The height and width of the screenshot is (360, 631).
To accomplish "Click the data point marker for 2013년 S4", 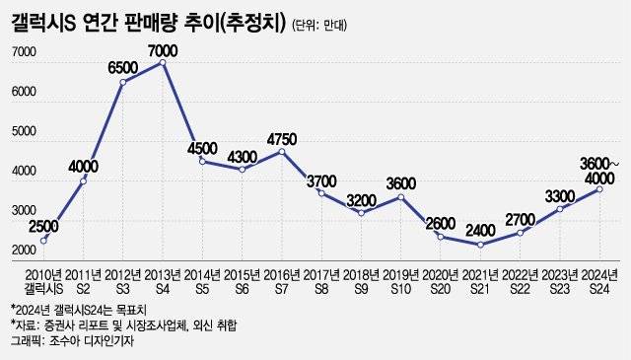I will point(163,63).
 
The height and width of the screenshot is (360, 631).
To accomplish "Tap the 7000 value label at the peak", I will point(163,49).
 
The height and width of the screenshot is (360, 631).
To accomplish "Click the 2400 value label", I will point(481,231).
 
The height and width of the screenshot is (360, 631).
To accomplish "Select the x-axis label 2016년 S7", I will point(282,279).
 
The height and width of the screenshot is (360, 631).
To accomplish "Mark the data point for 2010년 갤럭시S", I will point(43,240).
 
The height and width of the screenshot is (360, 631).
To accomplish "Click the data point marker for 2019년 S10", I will point(401,197).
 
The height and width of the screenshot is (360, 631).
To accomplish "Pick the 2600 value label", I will point(441,223).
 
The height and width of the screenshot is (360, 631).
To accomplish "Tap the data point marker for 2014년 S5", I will point(202,161).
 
